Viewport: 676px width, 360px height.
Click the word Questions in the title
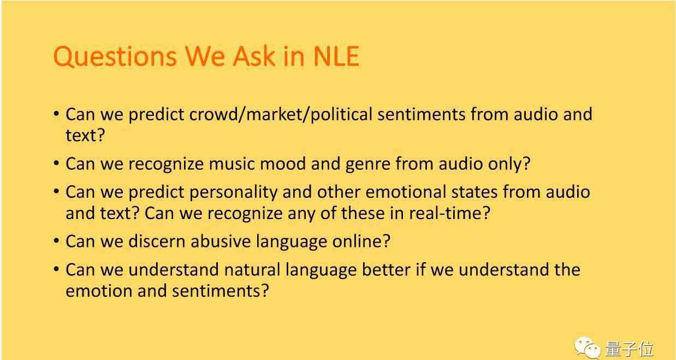point(115,56)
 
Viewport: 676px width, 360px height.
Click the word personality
point(233,193)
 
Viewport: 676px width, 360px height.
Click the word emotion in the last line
point(99,291)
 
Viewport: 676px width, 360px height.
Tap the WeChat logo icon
point(588,347)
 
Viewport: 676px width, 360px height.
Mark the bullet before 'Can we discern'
point(56,241)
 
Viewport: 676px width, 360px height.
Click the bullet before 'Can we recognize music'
point(56,163)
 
